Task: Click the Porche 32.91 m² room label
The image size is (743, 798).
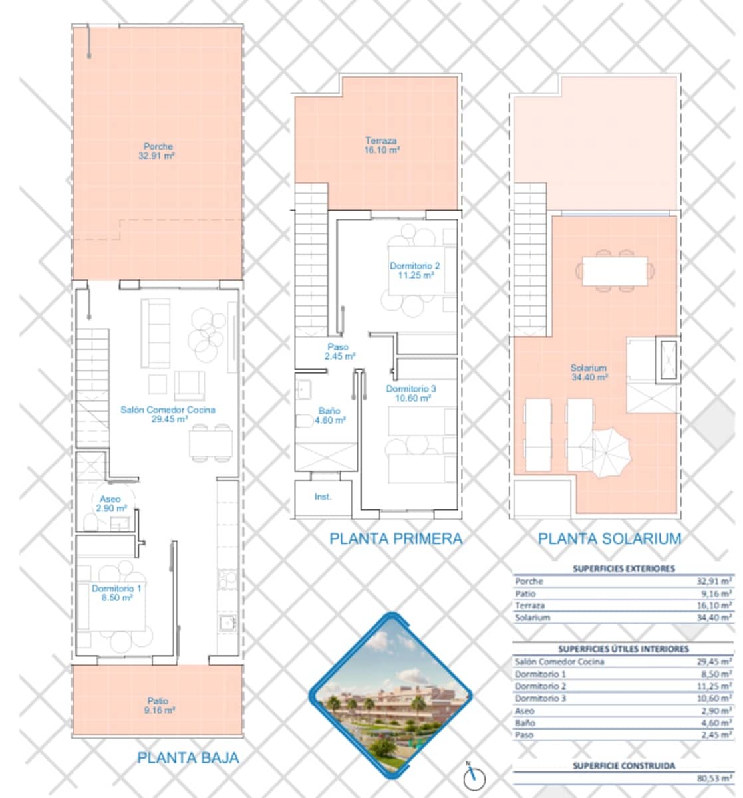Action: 158,151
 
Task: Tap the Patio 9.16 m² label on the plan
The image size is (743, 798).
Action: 158,705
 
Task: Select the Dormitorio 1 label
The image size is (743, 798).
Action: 116,593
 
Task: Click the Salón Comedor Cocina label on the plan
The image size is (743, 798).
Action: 168,414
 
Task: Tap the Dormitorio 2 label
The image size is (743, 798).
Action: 414,270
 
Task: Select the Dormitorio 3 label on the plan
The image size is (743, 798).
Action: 411,393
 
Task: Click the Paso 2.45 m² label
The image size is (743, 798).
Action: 339,352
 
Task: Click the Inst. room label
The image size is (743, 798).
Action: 323,497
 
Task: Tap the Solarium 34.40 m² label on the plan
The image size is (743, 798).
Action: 589,372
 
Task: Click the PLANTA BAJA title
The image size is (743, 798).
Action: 188,757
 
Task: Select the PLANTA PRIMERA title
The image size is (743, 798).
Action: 396,539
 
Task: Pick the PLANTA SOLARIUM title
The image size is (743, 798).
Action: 609,539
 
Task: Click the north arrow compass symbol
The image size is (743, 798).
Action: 474,775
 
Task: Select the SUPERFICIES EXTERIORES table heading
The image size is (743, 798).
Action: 623,569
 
